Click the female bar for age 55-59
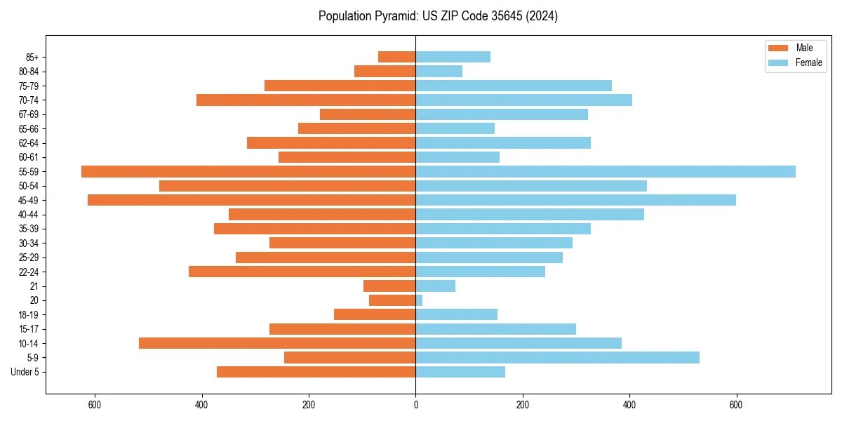pyautogui.click(x=605, y=172)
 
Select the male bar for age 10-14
pyautogui.click(x=277, y=343)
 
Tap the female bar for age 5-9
pyautogui.click(x=557, y=358)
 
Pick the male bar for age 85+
pyautogui.click(x=397, y=57)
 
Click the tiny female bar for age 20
pyautogui.click(x=419, y=300)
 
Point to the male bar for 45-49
pyautogui.click(x=251, y=200)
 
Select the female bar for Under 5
pyautogui.click(x=460, y=372)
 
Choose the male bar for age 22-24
pyautogui.click(x=302, y=272)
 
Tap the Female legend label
pyautogui.click(x=809, y=62)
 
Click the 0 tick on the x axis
pyautogui.click(x=415, y=405)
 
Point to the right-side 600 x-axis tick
pyautogui.click(x=736, y=405)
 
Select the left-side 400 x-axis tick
pyautogui.click(x=201, y=405)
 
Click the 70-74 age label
pyautogui.click(x=29, y=100)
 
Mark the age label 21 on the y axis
pyautogui.click(x=34, y=286)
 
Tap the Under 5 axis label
pyautogui.click(x=25, y=372)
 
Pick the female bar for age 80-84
pyautogui.click(x=439, y=72)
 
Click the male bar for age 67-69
pyautogui.click(x=368, y=114)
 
